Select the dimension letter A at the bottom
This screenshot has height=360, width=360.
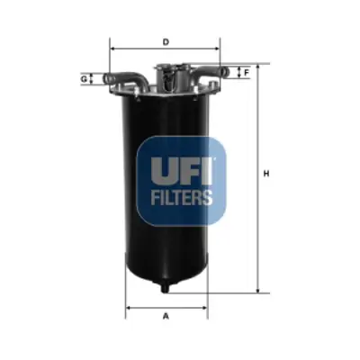coord(166,315)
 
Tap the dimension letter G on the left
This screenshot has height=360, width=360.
coord(84,79)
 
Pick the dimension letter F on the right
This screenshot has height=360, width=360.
coord(247,71)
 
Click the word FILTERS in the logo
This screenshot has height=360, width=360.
coord(182,195)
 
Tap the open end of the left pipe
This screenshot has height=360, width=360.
coord(106,80)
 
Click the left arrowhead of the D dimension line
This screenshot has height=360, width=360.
coord(112,49)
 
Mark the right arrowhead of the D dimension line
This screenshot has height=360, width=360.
coord(219,49)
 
